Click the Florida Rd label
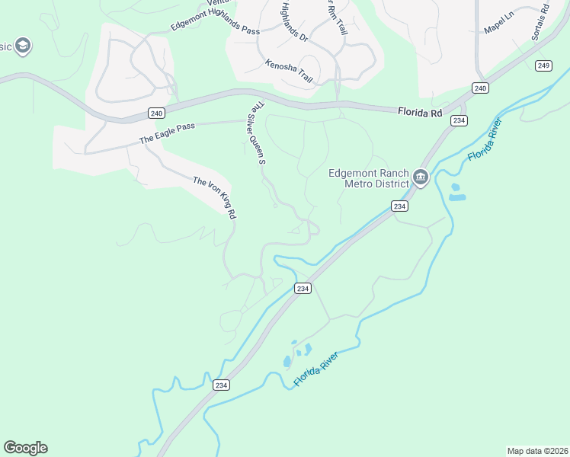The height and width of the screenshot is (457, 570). (420, 112)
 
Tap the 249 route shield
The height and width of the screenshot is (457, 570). (543, 66)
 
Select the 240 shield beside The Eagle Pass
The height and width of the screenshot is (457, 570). (156, 113)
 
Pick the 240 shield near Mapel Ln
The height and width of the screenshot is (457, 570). (479, 88)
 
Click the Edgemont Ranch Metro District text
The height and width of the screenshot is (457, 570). (369, 177)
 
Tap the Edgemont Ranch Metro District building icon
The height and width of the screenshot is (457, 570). (420, 178)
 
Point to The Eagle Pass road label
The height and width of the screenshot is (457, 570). (168, 134)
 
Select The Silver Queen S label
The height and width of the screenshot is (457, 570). (256, 134)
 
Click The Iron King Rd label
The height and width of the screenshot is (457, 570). (214, 198)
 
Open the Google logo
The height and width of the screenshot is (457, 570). (25, 448)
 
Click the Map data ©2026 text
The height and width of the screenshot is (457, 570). (537, 450)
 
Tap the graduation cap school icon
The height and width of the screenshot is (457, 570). (23, 46)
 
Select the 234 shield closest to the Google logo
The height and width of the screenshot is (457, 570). (221, 385)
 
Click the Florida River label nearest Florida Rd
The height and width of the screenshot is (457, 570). (485, 140)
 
